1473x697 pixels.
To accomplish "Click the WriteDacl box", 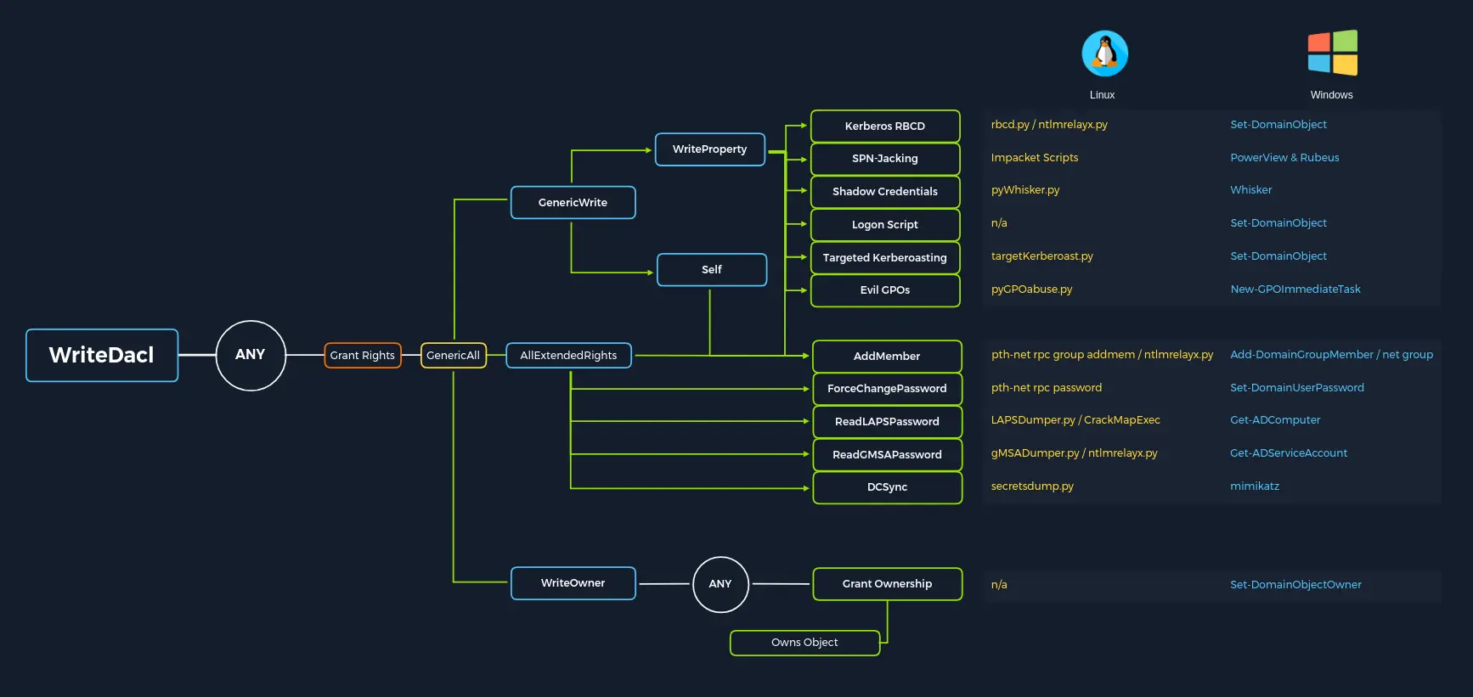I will (102, 355).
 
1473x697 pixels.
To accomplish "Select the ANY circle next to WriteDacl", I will (251, 355).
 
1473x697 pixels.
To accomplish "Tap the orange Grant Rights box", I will (363, 355).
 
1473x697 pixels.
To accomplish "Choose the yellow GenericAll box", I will (453, 355).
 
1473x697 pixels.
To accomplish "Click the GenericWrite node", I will (573, 202).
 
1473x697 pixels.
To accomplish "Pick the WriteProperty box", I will (709, 149).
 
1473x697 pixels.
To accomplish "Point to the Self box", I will (712, 270).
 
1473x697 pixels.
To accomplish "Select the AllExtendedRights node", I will (568, 355).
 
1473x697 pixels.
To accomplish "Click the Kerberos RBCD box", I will (885, 126).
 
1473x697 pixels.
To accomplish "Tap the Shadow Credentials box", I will (885, 192).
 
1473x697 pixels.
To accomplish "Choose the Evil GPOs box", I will (885, 290).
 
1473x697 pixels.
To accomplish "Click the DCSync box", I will (887, 487).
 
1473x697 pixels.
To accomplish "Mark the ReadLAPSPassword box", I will (887, 422).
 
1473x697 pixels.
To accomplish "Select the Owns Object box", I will (804, 643).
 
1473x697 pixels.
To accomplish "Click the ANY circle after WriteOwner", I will (720, 584).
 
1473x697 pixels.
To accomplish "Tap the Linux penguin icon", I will (1104, 53).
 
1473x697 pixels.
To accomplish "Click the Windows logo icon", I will (1332, 53).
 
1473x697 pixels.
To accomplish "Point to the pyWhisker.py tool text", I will (1025, 190).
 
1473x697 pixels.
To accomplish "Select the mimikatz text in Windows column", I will (1255, 486).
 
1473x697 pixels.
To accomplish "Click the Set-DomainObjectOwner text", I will (1295, 585).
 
